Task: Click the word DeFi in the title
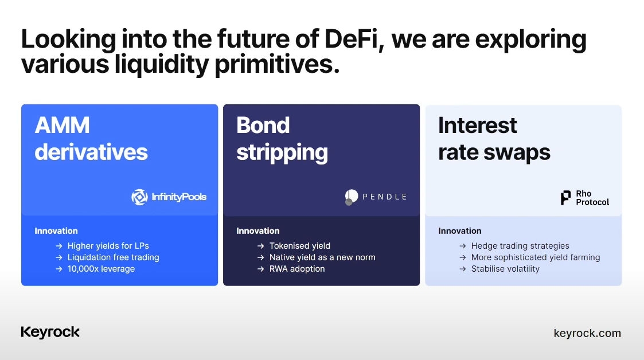[x=350, y=39]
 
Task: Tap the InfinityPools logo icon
[x=140, y=197]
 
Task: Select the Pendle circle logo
[x=351, y=197]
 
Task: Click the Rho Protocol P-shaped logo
[x=565, y=198]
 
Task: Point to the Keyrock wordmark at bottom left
[x=50, y=332]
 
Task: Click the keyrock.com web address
[x=587, y=333]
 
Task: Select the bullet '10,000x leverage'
[x=101, y=269]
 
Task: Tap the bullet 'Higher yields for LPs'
[x=108, y=246]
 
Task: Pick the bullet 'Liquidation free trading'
[x=114, y=257]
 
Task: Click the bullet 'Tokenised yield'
[x=300, y=246]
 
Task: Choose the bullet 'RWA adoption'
[x=297, y=269]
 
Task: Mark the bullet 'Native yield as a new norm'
[x=322, y=257]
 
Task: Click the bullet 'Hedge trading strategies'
[x=520, y=246]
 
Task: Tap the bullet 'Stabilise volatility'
[x=505, y=269]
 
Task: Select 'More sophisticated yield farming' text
[x=536, y=257]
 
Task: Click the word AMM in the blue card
[x=62, y=125]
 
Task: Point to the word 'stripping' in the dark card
[x=282, y=152]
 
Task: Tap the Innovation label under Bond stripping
[x=258, y=231]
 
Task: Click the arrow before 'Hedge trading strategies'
[x=462, y=246]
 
